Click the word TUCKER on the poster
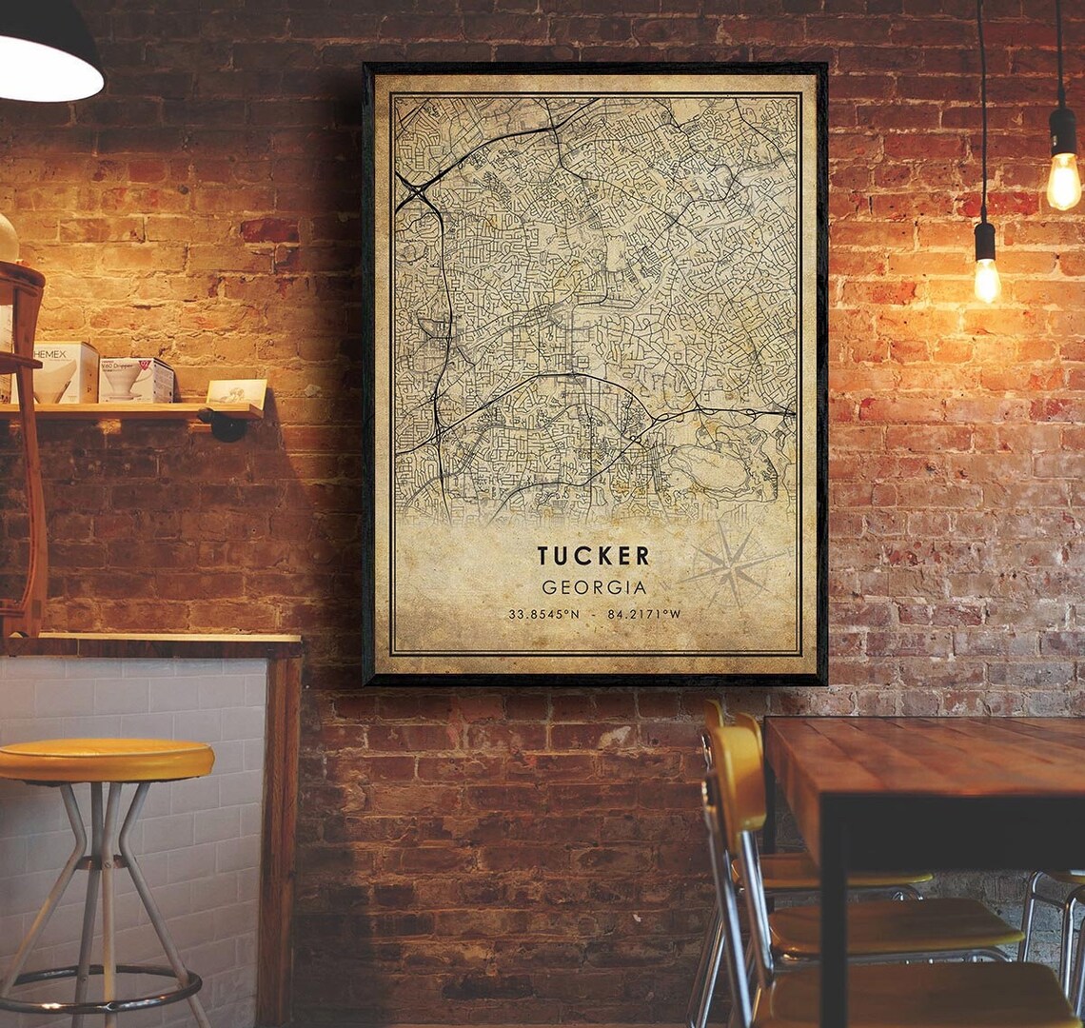[593, 556]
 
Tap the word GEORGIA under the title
[593, 587]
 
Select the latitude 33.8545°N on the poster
[543, 614]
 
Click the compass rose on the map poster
[732, 566]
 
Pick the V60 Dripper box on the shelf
[136, 379]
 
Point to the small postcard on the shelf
[236, 392]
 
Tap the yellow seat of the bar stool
[105, 760]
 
